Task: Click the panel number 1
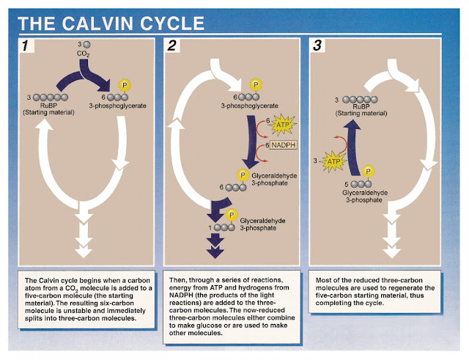[x=27, y=47]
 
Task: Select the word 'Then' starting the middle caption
[x=179, y=279]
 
